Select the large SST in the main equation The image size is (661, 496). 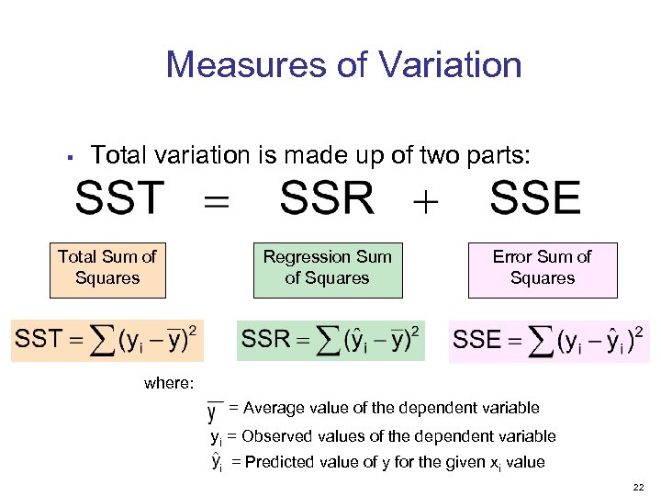(120, 198)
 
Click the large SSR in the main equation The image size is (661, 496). (327, 198)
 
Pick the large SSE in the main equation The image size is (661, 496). (535, 198)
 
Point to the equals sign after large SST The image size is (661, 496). (217, 200)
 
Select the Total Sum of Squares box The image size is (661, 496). (107, 268)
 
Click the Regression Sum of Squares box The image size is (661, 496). (327, 268)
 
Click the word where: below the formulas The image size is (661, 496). (168, 383)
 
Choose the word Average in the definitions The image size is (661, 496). (275, 408)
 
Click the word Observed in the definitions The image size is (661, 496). (279, 436)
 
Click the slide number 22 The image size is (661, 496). (638, 484)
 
